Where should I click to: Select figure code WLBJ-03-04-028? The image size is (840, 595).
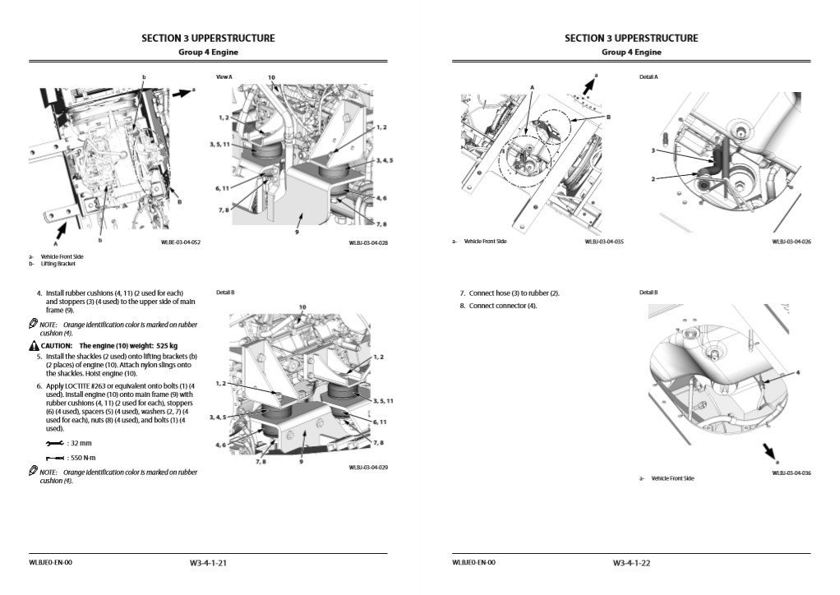pyautogui.click(x=368, y=242)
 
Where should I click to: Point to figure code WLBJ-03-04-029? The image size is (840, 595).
pyautogui.click(x=368, y=467)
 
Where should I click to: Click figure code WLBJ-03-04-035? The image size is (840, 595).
pyautogui.click(x=604, y=242)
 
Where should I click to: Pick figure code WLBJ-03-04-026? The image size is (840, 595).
pyautogui.click(x=792, y=242)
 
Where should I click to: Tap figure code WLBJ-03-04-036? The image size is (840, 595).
pyautogui.click(x=792, y=473)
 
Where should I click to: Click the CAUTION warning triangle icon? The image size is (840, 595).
pyautogui.click(x=34, y=346)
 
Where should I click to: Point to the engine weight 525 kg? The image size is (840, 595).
pyautogui.click(x=162, y=346)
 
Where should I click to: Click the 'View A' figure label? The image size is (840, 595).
pyautogui.click(x=224, y=76)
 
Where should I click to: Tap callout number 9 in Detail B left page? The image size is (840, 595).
pyautogui.click(x=302, y=462)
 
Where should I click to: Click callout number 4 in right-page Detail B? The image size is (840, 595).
pyautogui.click(x=796, y=372)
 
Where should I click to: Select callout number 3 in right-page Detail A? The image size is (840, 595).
pyautogui.click(x=653, y=150)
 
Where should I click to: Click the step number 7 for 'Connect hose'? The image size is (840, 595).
pyautogui.click(x=463, y=293)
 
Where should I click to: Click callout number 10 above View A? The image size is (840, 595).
pyautogui.click(x=271, y=77)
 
